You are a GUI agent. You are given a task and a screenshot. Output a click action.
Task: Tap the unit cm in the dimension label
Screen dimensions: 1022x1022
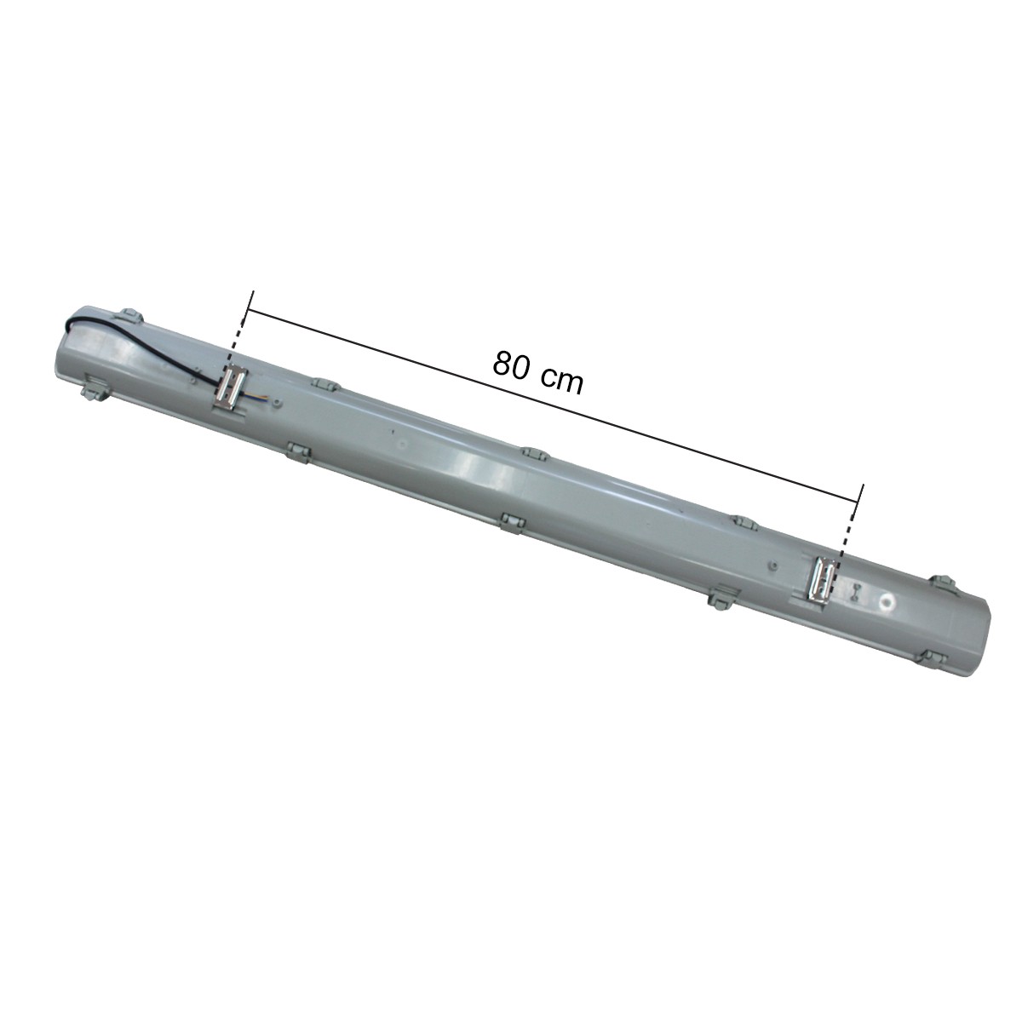(x=563, y=380)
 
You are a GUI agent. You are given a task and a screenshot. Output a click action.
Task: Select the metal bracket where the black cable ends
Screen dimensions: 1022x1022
(x=232, y=388)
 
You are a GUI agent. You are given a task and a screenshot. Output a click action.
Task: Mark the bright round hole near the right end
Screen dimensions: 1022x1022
(x=887, y=602)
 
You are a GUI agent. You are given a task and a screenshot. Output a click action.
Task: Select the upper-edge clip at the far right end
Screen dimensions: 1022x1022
(x=944, y=582)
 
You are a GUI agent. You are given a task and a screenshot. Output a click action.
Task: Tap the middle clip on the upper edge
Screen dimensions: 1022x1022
(x=533, y=453)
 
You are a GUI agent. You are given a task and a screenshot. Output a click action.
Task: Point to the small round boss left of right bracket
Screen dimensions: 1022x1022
(x=771, y=563)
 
